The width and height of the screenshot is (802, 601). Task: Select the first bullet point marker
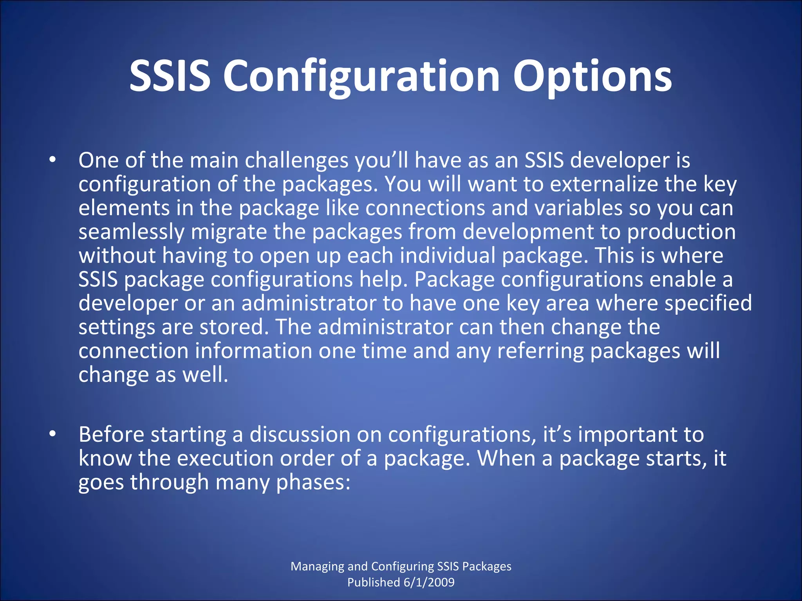[x=52, y=160]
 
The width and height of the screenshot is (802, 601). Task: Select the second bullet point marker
[x=52, y=434]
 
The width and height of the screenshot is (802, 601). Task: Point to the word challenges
[x=296, y=160]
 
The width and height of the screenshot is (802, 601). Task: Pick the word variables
[x=578, y=208]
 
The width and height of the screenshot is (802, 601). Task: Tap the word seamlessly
[x=131, y=232]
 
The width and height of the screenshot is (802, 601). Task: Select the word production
[x=681, y=232]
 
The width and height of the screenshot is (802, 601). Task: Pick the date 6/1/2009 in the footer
[x=429, y=582]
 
